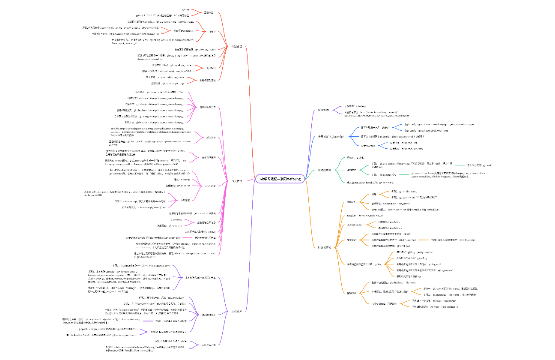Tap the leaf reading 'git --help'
(355, 106)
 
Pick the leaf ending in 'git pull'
(197, 231)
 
